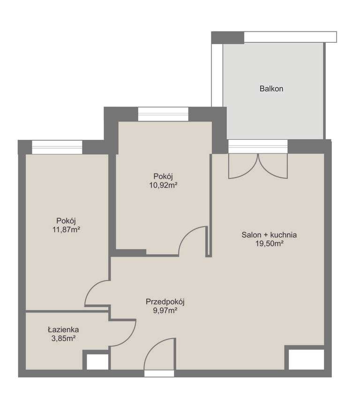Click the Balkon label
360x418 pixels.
(271, 88)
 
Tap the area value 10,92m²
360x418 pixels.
(163, 185)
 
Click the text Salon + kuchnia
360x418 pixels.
(269, 235)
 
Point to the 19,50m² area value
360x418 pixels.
(269, 243)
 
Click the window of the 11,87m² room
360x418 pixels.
(57, 147)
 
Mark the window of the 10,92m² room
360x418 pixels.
(163, 114)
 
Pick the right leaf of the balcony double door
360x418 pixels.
(272, 166)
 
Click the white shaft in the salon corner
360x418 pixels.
(306, 359)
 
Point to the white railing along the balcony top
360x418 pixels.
(290, 37)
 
